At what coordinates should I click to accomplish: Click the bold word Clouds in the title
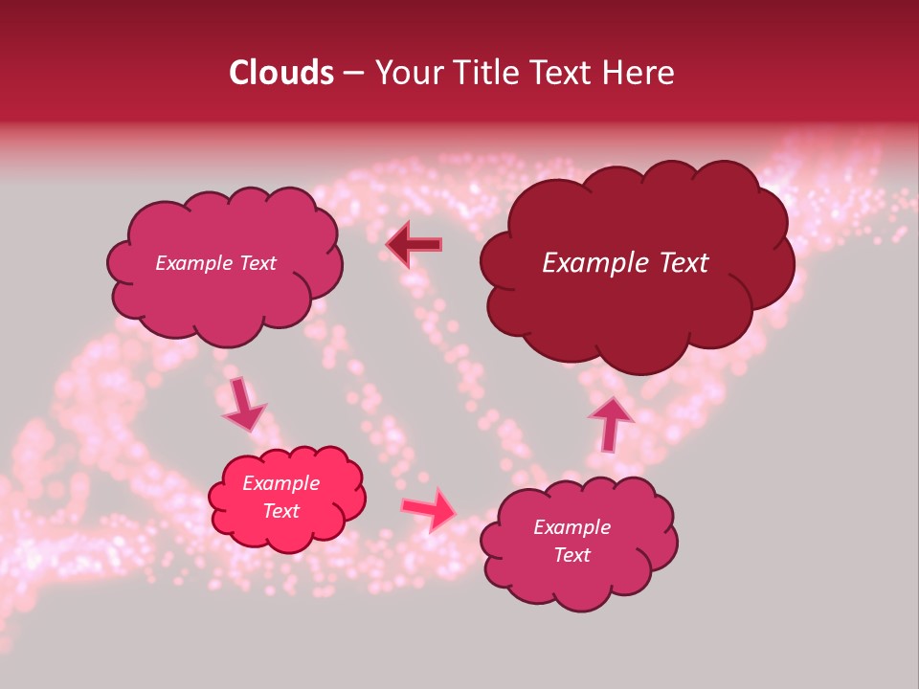(281, 73)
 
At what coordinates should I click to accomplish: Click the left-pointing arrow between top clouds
(415, 245)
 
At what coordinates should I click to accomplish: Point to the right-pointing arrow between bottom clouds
(430, 508)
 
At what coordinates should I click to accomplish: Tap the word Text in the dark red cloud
(677, 263)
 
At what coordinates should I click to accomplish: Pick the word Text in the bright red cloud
(281, 511)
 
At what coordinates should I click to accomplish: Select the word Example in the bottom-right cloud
(572, 527)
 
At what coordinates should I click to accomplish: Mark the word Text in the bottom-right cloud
(572, 555)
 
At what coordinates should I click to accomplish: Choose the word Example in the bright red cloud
(281, 483)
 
